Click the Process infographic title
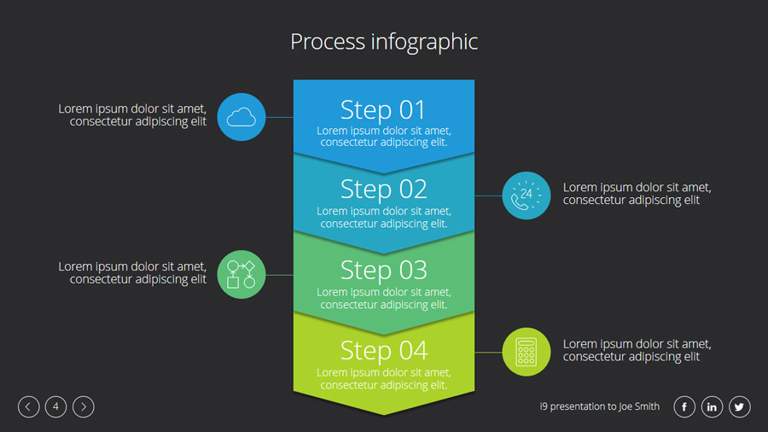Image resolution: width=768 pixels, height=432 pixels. (384, 42)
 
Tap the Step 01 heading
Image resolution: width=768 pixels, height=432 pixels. (383, 110)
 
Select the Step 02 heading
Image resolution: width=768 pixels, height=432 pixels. (383, 189)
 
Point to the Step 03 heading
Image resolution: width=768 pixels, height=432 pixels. (383, 270)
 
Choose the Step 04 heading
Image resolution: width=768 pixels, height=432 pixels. (383, 350)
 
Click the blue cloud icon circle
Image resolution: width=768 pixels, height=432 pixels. (241, 117)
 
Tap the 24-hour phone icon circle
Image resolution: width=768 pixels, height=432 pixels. (527, 196)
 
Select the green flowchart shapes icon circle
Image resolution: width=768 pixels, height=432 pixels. (241, 274)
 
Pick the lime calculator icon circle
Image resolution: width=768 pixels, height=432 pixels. (527, 352)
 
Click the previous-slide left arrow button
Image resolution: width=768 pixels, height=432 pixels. (28, 407)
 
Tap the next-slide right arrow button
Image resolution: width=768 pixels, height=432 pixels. (83, 407)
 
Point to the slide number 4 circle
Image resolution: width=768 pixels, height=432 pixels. (55, 407)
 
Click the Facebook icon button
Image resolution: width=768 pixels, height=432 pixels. (684, 407)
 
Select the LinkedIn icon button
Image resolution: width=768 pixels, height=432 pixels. (712, 407)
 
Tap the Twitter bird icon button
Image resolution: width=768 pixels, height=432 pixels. (739, 407)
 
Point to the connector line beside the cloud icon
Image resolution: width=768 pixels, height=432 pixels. (280, 117)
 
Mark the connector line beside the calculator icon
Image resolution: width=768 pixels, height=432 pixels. (488, 352)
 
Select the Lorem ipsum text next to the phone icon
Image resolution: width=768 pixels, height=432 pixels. (637, 194)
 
